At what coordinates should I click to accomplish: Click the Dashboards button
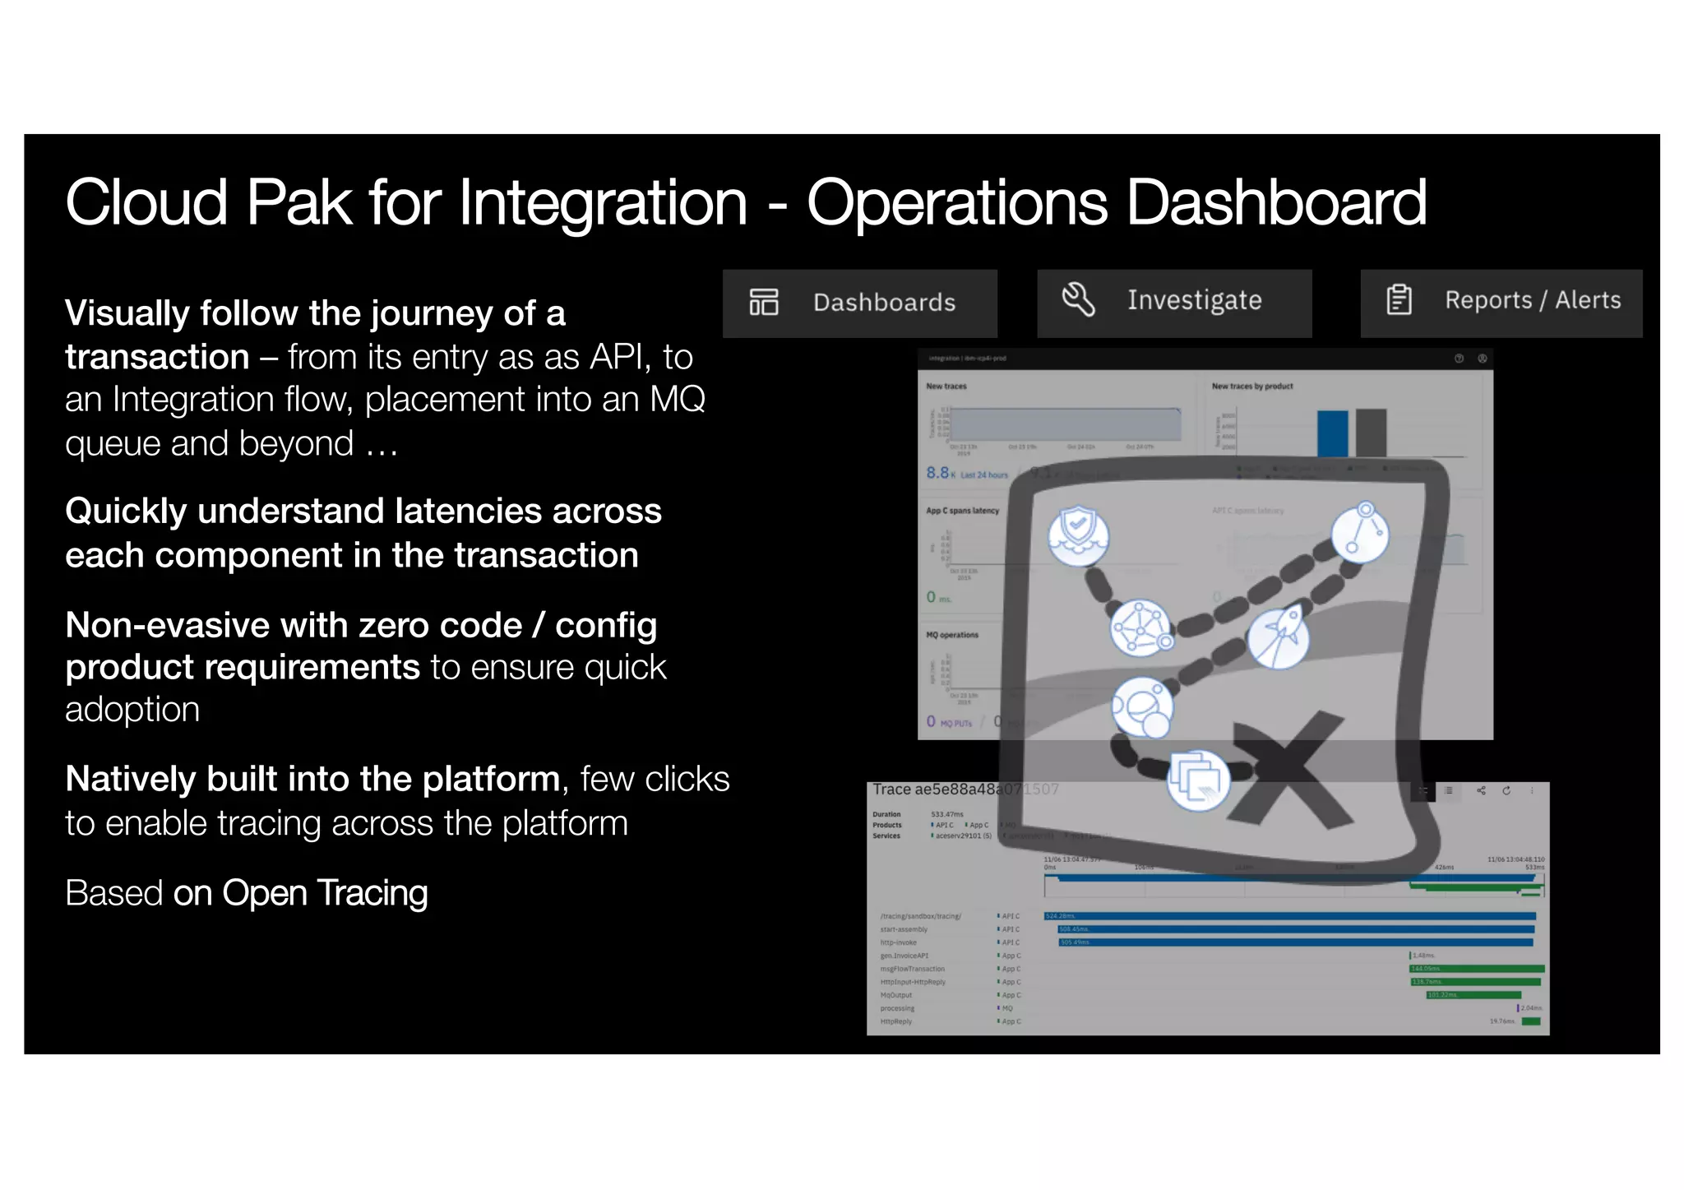pyautogui.click(x=859, y=303)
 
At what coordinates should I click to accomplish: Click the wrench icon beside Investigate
pyautogui.click(x=1078, y=299)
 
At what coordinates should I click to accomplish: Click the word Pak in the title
pyautogui.click(x=299, y=202)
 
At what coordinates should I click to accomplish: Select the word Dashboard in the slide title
pyautogui.click(x=1276, y=202)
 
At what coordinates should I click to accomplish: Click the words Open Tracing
pyautogui.click(x=325, y=893)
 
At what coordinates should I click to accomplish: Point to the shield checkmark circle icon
pyautogui.click(x=1078, y=535)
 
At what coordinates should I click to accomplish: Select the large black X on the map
pyautogui.click(x=1288, y=770)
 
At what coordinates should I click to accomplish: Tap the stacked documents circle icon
pyautogui.click(x=1198, y=780)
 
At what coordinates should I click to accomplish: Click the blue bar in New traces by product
pyautogui.click(x=1332, y=433)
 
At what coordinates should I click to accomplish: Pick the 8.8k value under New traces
pyautogui.click(x=938, y=473)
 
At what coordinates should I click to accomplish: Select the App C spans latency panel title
pyautogui.click(x=962, y=511)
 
